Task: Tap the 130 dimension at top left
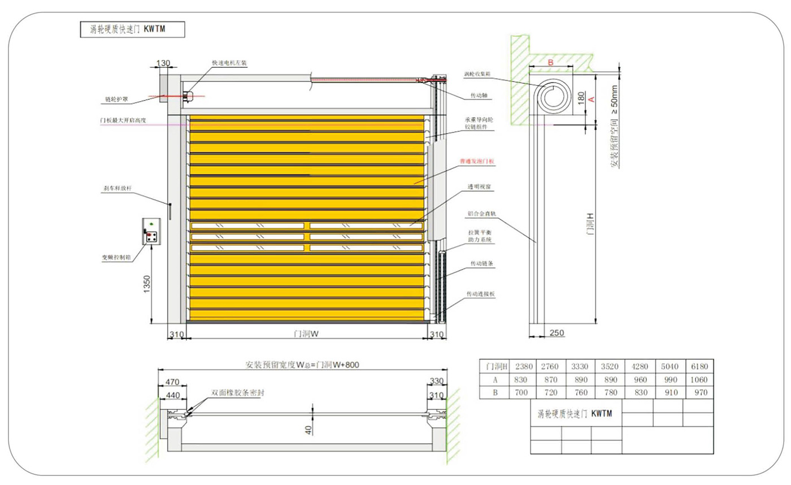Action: [162, 64]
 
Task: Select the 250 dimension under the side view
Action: [557, 332]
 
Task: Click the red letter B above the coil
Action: [551, 60]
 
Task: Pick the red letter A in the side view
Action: [591, 98]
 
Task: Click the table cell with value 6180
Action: [698, 365]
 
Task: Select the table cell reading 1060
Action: [698, 379]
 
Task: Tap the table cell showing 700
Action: [524, 393]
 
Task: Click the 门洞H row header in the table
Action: [496, 365]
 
